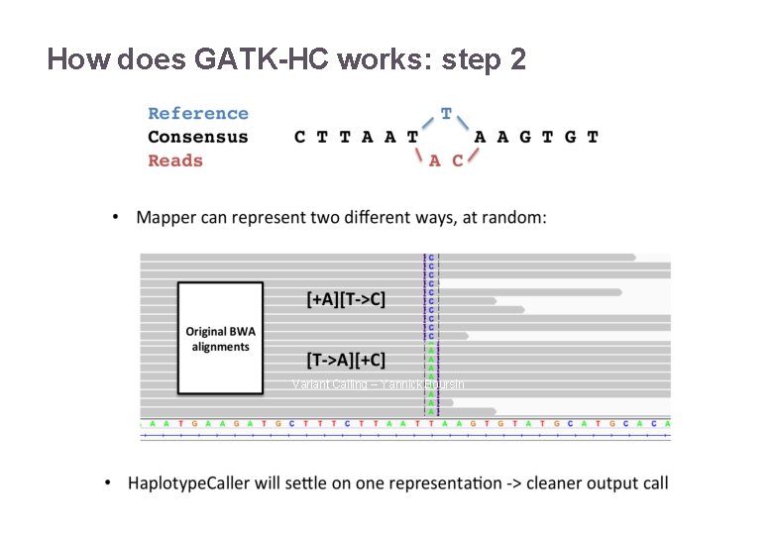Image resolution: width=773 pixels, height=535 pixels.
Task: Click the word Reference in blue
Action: (198, 114)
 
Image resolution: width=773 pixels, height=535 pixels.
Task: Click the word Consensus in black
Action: (198, 137)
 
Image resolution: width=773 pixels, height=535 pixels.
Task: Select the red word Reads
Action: (175, 160)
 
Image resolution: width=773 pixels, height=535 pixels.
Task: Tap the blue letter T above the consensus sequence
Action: (446, 114)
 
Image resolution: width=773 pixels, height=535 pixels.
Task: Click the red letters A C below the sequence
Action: (446, 160)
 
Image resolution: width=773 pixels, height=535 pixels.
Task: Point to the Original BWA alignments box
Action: (220, 339)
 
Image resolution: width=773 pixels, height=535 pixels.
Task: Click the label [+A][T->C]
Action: (346, 298)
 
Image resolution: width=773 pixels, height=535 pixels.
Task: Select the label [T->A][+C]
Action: (346, 360)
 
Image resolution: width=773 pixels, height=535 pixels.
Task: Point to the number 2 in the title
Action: (516, 59)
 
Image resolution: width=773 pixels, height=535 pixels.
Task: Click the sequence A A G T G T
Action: (536, 137)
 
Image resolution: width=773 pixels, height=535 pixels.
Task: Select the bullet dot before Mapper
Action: (117, 217)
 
